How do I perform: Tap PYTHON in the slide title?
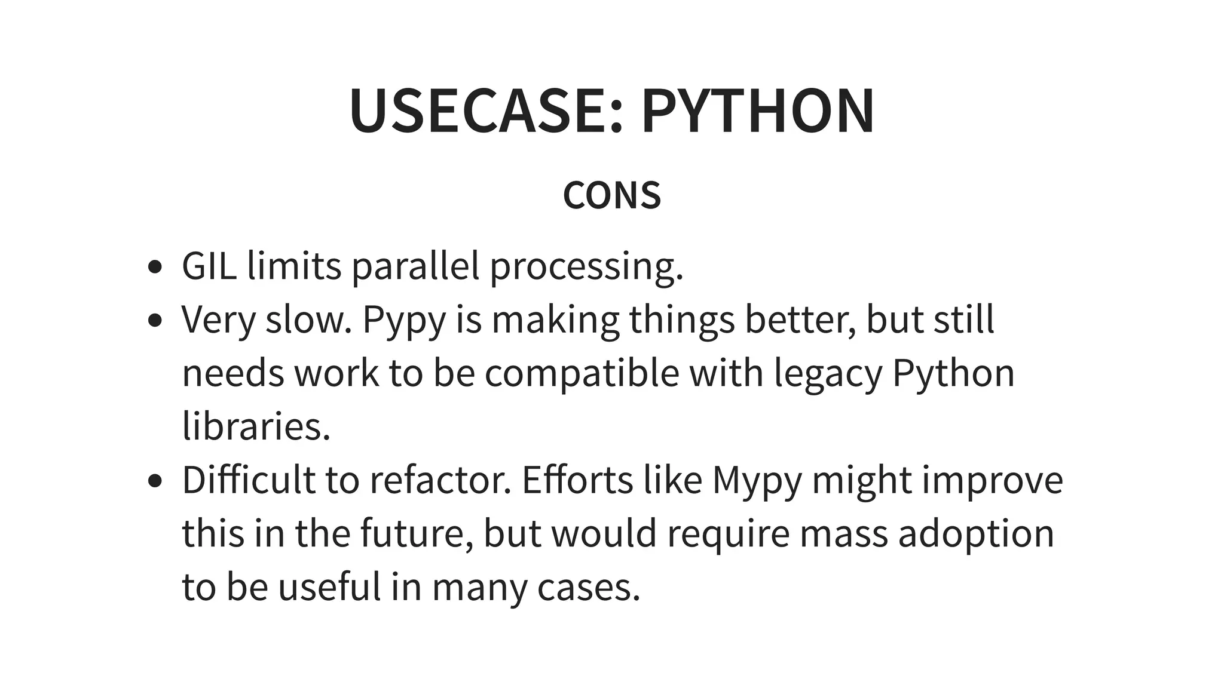pyautogui.click(x=757, y=112)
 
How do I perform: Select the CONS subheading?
pyautogui.click(x=612, y=195)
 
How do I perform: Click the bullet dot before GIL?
pyautogui.click(x=155, y=267)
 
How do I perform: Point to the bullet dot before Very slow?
pyautogui.click(x=155, y=321)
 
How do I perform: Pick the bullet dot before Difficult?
pyautogui.click(x=155, y=481)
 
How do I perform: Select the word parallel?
pyautogui.click(x=415, y=267)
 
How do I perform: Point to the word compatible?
pyautogui.click(x=582, y=374)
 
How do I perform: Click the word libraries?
pyautogui.click(x=256, y=426)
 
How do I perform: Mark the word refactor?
pyautogui.click(x=441, y=480)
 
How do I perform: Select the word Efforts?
pyautogui.click(x=577, y=480)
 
